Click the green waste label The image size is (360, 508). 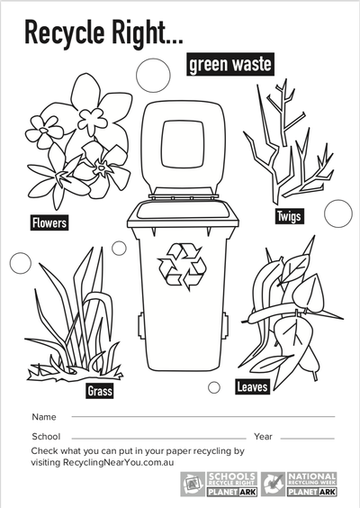pos(230,64)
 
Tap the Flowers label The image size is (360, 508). pos(49,222)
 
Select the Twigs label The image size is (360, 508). pos(290,216)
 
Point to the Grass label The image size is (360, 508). pos(100,391)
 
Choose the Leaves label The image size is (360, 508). pos(253,386)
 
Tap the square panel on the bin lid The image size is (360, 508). pos(183,144)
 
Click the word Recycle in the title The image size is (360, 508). pos(65,33)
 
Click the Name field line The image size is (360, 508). pos(203,417)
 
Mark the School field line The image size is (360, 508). pos(158,439)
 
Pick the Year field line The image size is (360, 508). pos(307,439)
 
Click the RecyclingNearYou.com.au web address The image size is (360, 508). pos(119,462)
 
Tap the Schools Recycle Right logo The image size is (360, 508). pos(220,484)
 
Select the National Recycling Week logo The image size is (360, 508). pos(299,484)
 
